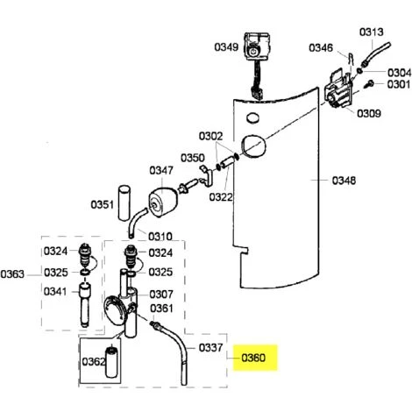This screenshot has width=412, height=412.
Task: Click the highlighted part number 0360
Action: pos(253,358)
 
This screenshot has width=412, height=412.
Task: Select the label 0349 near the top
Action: pos(226,47)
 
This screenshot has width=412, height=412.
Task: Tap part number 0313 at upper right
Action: pos(371,32)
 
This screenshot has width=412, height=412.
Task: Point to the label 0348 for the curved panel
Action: pos(344,181)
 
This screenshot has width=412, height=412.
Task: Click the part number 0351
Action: pos(102,204)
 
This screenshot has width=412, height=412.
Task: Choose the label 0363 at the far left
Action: pos(12,274)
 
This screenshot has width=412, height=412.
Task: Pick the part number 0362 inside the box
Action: pos(94,362)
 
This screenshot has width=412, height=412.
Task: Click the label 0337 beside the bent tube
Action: pos(210,348)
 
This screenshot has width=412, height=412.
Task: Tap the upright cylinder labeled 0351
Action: pos(124,202)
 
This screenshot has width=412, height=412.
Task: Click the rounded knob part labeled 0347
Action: pos(162,202)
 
